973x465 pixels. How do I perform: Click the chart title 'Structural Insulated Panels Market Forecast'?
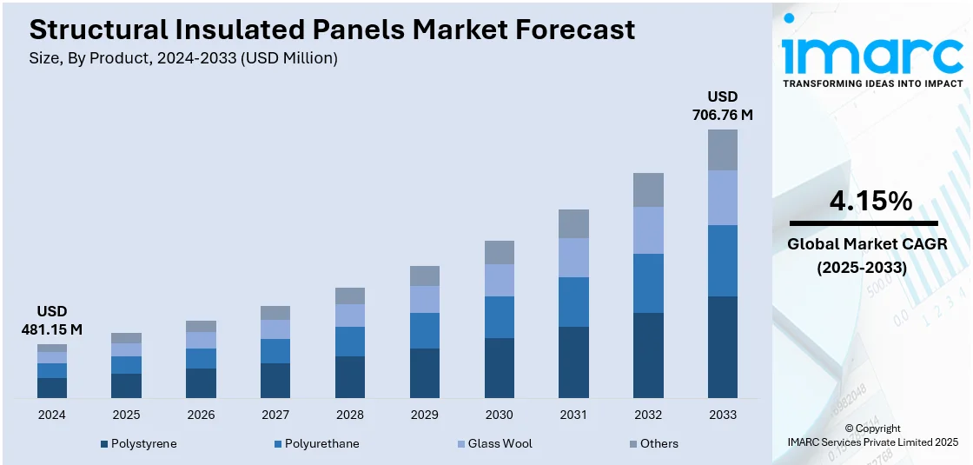[x=332, y=30]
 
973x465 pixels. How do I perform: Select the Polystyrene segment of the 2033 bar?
[x=723, y=347]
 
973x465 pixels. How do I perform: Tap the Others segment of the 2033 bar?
[x=723, y=149]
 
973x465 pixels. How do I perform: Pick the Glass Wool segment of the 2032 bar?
[x=648, y=230]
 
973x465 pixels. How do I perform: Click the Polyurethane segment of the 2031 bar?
[x=573, y=302]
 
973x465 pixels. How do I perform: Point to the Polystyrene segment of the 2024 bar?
[x=52, y=388]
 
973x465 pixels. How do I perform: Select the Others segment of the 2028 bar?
[x=350, y=296]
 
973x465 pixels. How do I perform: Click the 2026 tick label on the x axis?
[x=201, y=415]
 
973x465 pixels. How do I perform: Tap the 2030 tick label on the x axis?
[x=500, y=415]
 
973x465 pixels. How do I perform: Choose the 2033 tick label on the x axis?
[x=723, y=415]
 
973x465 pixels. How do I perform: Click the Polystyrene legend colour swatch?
[x=104, y=444]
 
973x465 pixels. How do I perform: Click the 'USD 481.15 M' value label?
[x=52, y=320]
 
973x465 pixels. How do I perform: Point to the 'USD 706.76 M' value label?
[x=723, y=105]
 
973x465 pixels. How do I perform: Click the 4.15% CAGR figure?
[x=870, y=202]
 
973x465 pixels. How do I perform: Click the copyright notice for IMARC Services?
[x=872, y=435]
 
